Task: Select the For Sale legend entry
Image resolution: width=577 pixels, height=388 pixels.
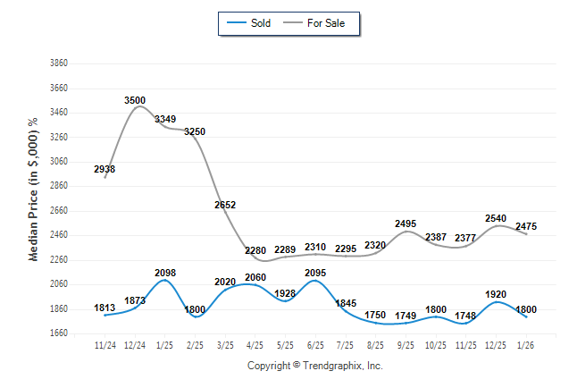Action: coord(319,22)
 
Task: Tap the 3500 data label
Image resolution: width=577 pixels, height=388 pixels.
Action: coord(136,100)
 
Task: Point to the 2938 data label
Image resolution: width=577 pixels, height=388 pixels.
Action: coord(105,169)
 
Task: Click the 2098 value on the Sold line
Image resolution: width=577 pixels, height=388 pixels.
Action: coord(165,273)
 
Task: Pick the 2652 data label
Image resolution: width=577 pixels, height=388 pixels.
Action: coord(225,205)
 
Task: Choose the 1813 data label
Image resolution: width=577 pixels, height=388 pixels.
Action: coord(105,308)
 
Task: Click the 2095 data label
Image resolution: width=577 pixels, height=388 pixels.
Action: coord(315,273)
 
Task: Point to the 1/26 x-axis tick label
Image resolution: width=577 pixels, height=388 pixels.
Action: coord(525,343)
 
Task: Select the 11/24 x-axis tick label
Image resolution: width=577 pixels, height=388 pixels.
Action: coord(105,343)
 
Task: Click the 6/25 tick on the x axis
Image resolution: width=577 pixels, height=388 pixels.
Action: coord(315,343)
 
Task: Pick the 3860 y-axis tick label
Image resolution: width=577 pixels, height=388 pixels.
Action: coord(59,63)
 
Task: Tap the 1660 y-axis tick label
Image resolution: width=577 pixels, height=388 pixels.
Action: coord(59,333)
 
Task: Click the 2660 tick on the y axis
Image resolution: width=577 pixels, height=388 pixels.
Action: coord(59,211)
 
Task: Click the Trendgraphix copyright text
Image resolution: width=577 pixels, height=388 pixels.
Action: coord(314,367)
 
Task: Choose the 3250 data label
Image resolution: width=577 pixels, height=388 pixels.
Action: coord(195,131)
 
